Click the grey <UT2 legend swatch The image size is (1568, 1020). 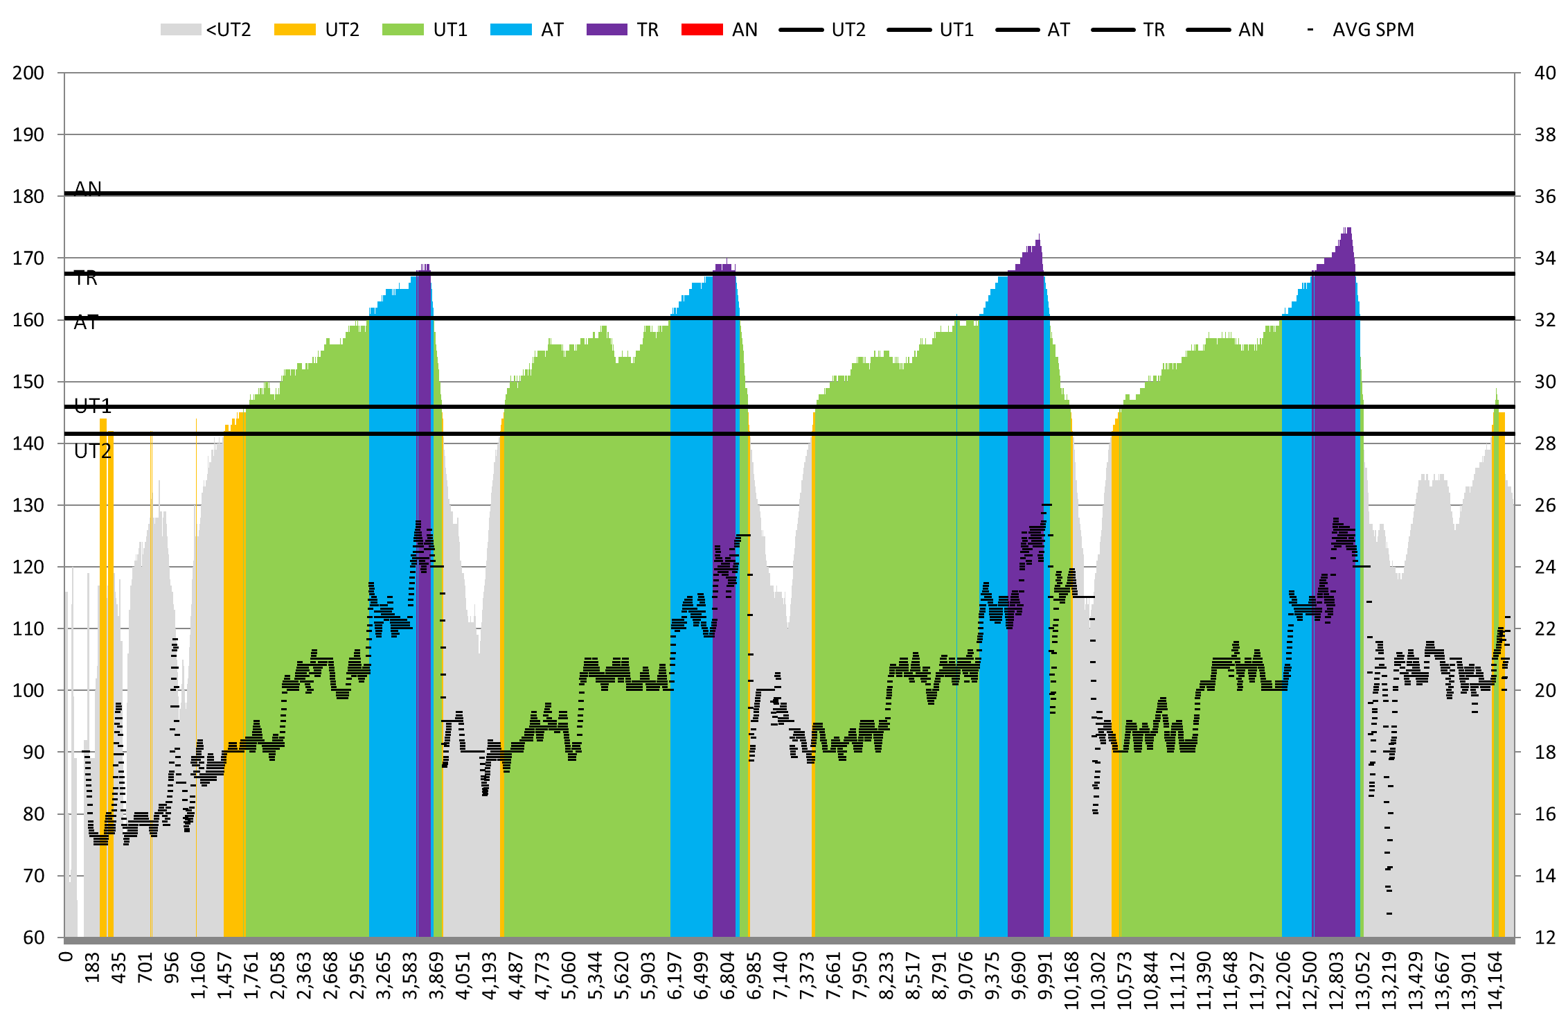(x=180, y=30)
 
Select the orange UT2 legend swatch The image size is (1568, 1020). (x=294, y=30)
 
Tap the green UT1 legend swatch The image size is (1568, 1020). (x=402, y=30)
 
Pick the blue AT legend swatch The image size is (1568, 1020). (x=510, y=30)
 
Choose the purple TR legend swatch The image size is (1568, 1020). (x=607, y=30)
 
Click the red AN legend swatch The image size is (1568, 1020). (x=702, y=30)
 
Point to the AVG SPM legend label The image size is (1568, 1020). (x=1373, y=30)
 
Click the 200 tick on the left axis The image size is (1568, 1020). (x=28, y=73)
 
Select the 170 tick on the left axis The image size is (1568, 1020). (x=28, y=258)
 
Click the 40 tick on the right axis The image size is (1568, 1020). (x=1545, y=73)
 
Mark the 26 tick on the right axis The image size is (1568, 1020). (x=1545, y=505)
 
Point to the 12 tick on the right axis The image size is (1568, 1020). (x=1545, y=938)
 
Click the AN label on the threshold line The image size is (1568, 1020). (x=88, y=188)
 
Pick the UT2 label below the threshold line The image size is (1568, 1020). (x=93, y=452)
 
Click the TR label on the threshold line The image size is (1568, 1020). (x=86, y=279)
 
